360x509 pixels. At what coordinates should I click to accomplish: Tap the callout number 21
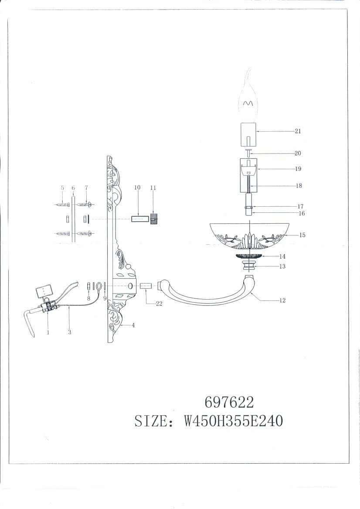pyautogui.click(x=298, y=131)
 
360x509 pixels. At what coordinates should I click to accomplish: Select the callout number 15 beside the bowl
pyautogui.click(x=302, y=235)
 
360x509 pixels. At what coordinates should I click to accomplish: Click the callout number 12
pyautogui.click(x=282, y=300)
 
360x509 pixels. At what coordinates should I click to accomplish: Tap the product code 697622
pyautogui.click(x=229, y=403)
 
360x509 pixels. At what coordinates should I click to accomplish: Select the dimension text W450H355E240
pyautogui.click(x=234, y=421)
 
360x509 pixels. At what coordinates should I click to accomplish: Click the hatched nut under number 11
pyautogui.click(x=154, y=219)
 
